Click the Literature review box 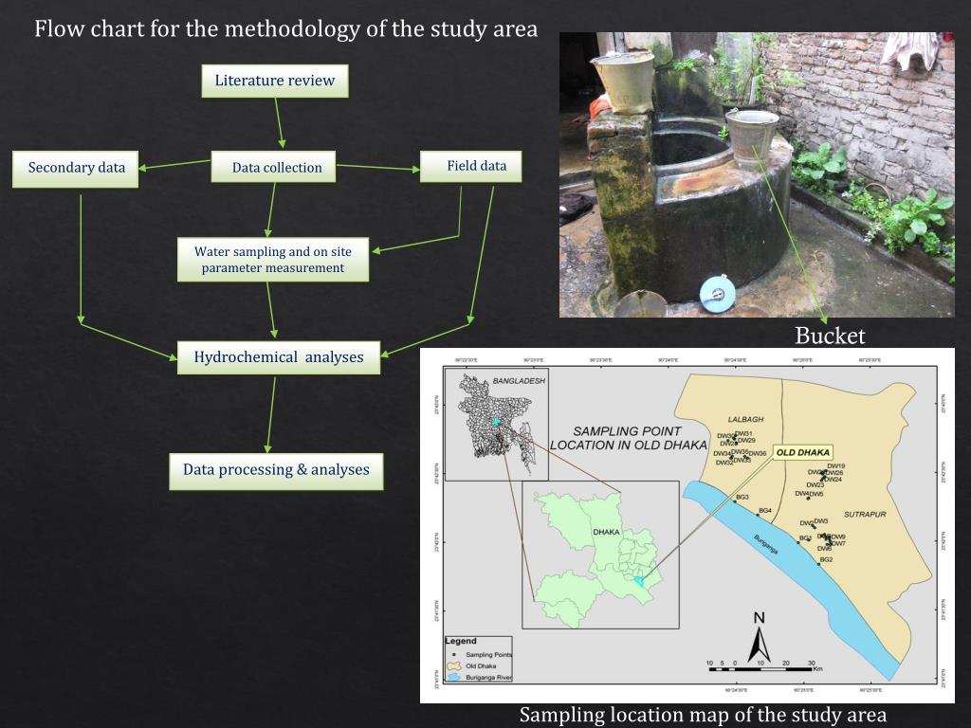click(275, 81)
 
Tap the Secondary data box click(76, 168)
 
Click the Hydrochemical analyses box click(279, 357)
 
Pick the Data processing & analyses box click(276, 470)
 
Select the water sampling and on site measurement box click(272, 260)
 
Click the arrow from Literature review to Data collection click(280, 123)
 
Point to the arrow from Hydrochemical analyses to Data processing click(271, 414)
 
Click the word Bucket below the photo click(830, 336)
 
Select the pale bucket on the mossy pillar click(623, 81)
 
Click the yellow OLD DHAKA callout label click(802, 452)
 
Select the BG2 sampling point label click(826, 560)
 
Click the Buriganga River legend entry click(488, 678)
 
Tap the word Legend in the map click(461, 642)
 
